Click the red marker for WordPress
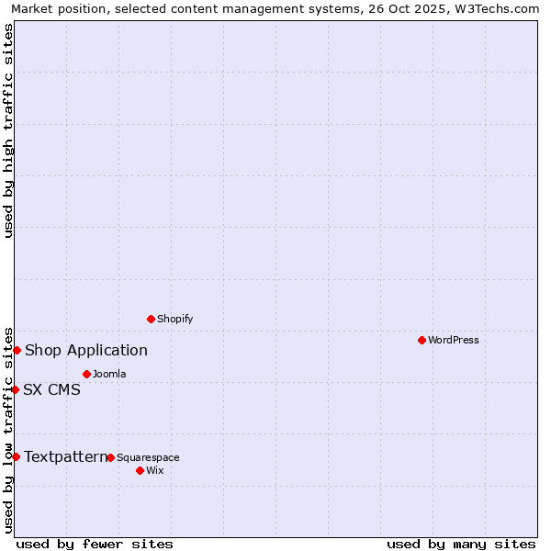422,340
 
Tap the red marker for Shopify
151,319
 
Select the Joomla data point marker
86,374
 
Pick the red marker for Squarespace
110,457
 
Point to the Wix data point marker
140,470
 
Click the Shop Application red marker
17,350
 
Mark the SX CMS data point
15,389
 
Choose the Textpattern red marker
16,456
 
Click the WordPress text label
454,340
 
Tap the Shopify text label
175,319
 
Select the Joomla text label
109,374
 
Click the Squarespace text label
148,457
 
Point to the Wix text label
155,470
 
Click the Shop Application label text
86,350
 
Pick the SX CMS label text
52,389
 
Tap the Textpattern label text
65,456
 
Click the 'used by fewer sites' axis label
95,544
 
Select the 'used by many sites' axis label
461,544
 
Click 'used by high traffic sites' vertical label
8,130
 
